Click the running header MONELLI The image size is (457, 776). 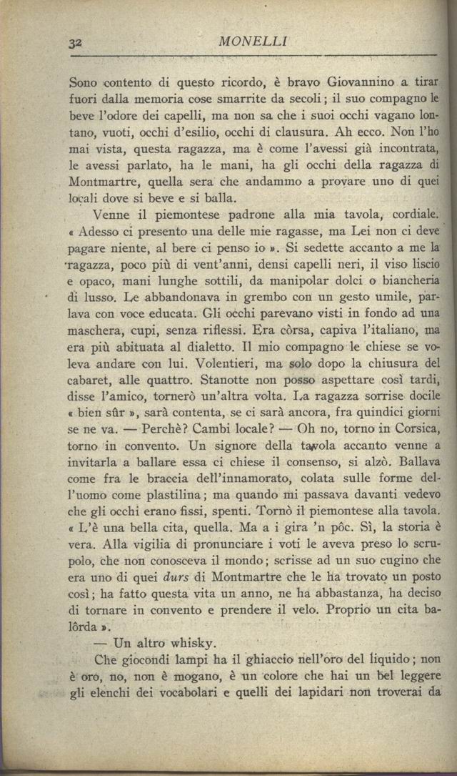click(x=253, y=41)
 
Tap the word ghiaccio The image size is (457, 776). click(x=239, y=660)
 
